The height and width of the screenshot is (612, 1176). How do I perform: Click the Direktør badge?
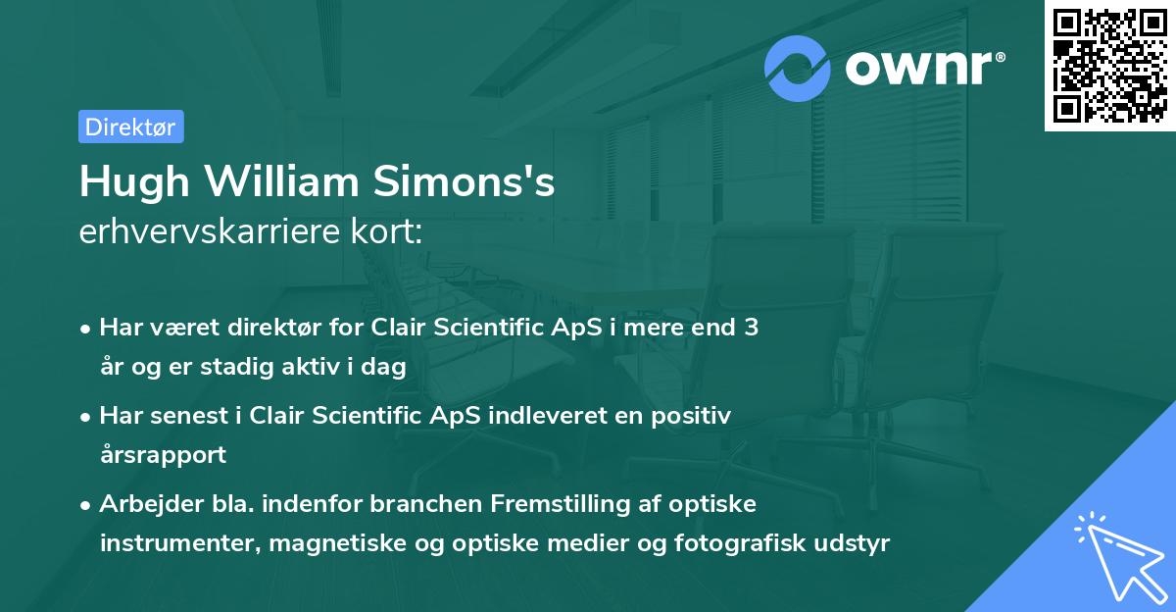pos(130,127)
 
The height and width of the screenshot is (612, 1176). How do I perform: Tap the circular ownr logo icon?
pos(798,69)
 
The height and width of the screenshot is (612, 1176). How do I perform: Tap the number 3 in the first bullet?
pos(751,328)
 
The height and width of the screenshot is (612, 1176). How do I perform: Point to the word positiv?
pos(694,416)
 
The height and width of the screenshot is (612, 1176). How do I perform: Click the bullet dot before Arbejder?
pos(87,505)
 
